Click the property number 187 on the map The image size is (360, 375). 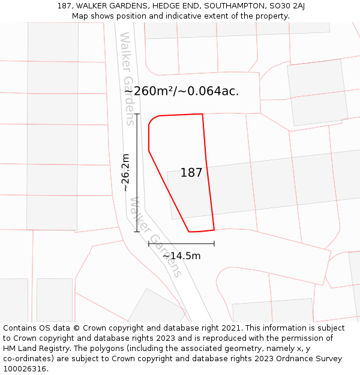point(191,173)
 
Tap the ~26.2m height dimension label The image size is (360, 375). point(125,173)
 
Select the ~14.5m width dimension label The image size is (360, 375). point(181,256)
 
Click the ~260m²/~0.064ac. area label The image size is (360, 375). point(187,91)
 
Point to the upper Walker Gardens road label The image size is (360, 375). point(127,79)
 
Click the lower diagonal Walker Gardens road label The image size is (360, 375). point(155,237)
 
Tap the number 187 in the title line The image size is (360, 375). point(65,6)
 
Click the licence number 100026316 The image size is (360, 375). point(25,368)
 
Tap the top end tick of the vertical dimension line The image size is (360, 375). point(137,114)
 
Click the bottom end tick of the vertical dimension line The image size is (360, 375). point(137,232)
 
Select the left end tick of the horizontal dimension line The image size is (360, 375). point(149,244)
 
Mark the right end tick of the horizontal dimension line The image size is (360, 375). point(214,244)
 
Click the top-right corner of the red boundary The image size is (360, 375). point(202,114)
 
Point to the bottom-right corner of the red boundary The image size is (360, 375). point(214,229)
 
